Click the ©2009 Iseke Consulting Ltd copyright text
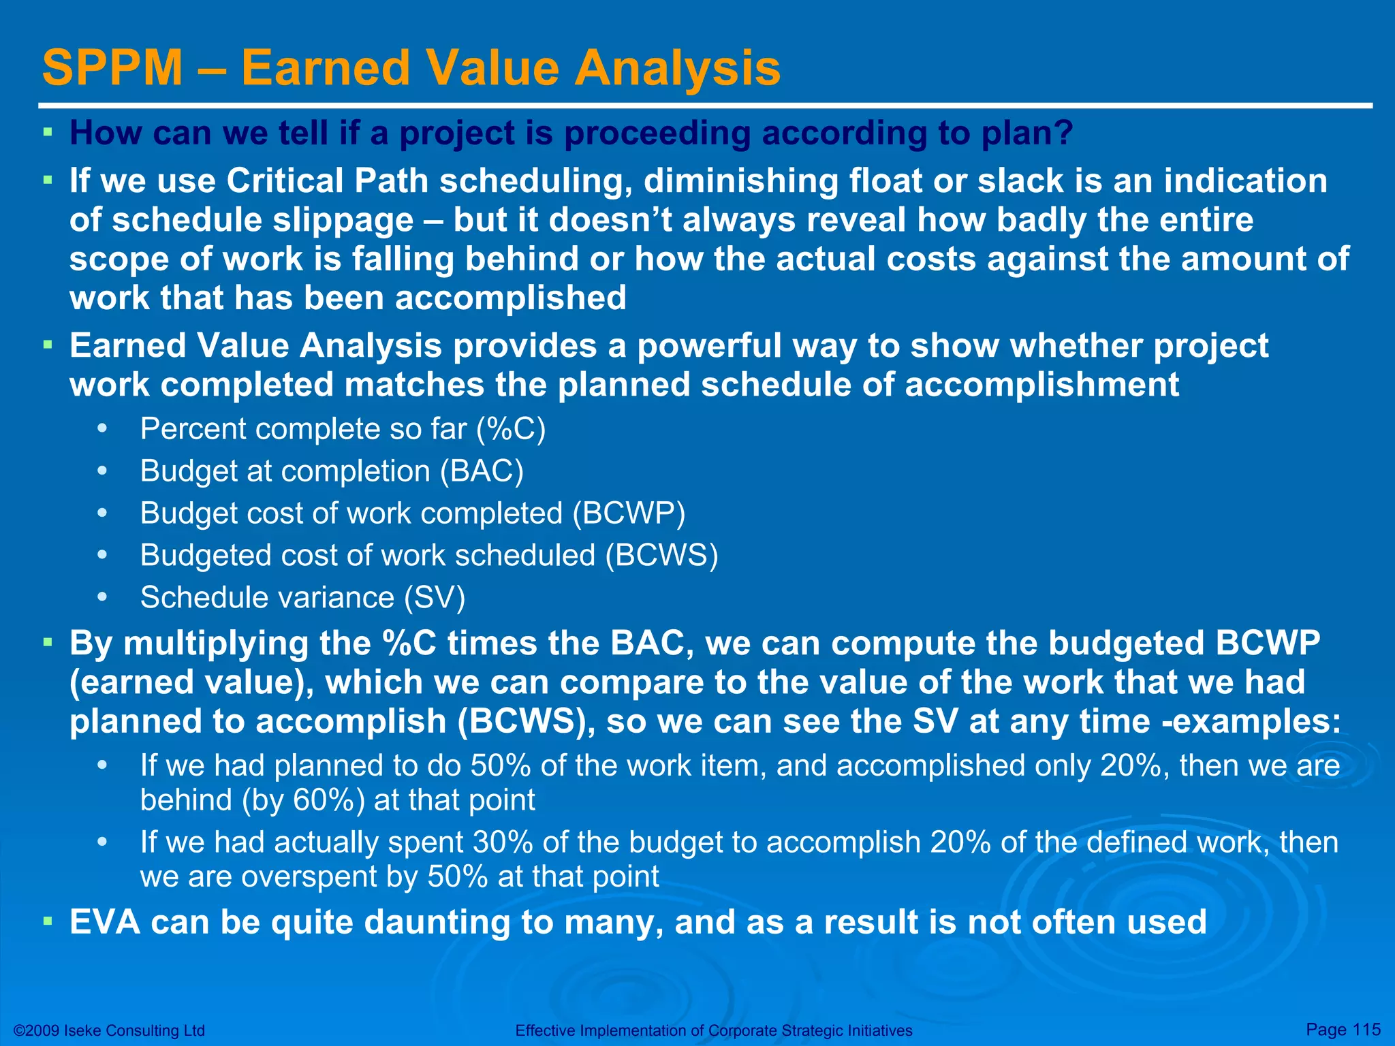pyautogui.click(x=109, y=1030)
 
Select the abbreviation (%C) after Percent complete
pyautogui.click(x=511, y=429)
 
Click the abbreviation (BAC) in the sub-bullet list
pyautogui.click(x=482, y=471)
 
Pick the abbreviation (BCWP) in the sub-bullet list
pyautogui.click(x=628, y=513)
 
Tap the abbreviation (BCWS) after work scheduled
pyautogui.click(x=661, y=556)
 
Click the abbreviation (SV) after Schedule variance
pyautogui.click(x=435, y=598)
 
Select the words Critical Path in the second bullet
pyautogui.click(x=327, y=181)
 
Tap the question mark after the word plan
pyautogui.click(x=1064, y=133)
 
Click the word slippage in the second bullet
pyautogui.click(x=262, y=221)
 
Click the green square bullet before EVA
pyautogui.click(x=48, y=921)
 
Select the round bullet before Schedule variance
pyautogui.click(x=102, y=597)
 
